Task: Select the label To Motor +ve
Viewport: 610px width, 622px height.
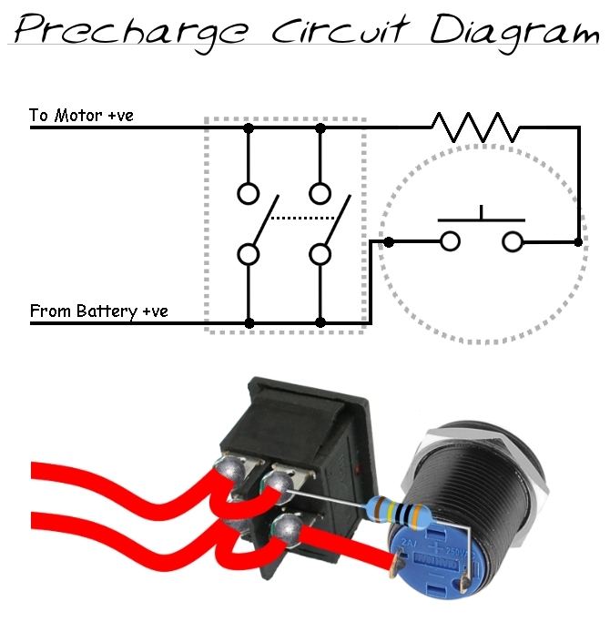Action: click(82, 116)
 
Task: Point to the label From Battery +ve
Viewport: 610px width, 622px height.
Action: click(98, 311)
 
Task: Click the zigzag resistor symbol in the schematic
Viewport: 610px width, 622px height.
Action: click(476, 127)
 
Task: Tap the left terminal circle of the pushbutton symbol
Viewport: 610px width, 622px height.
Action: click(450, 241)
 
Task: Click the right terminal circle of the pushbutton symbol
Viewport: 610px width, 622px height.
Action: click(513, 241)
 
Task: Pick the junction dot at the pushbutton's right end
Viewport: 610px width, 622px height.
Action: click(579, 241)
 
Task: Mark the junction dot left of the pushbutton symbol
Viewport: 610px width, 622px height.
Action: click(389, 241)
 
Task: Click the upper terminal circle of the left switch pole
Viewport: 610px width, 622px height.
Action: click(249, 193)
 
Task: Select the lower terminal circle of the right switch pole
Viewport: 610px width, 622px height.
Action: click(320, 253)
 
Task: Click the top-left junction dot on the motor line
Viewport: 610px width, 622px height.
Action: click(249, 128)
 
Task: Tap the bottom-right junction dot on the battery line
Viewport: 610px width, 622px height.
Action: click(320, 322)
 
